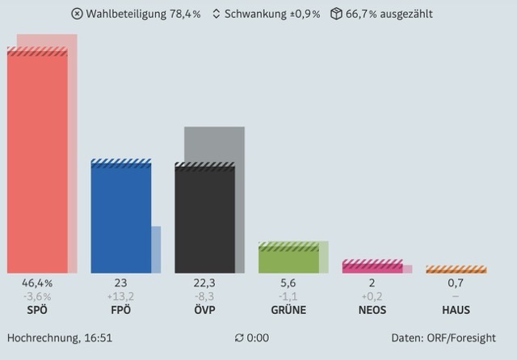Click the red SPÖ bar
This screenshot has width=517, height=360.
(37, 161)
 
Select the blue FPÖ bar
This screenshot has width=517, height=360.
(120, 218)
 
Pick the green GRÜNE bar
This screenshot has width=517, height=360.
(288, 258)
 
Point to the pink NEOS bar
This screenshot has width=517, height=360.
(372, 266)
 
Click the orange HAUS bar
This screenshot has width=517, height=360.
(456, 270)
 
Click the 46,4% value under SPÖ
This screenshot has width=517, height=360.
(37, 283)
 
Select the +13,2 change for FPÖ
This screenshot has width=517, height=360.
(120, 296)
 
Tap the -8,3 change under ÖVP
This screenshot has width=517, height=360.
(204, 296)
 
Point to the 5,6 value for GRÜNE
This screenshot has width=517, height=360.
(288, 283)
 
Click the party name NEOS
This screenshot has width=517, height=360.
(372, 310)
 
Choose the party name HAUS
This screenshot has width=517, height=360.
(456, 310)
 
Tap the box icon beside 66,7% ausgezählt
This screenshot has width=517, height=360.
(336, 14)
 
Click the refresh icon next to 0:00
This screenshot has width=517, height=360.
(238, 338)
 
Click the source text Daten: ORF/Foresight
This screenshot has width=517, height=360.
(443, 338)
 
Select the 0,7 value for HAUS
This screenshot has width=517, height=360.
(456, 283)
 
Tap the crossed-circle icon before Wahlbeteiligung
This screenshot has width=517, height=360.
(77, 14)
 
